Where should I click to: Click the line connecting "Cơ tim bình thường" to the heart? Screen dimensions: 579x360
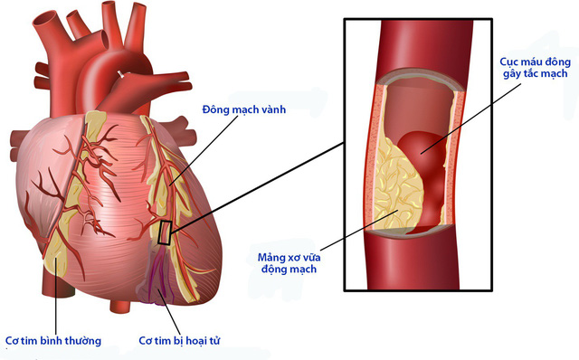click(55, 298)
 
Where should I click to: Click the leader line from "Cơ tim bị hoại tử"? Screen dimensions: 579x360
click(169, 312)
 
